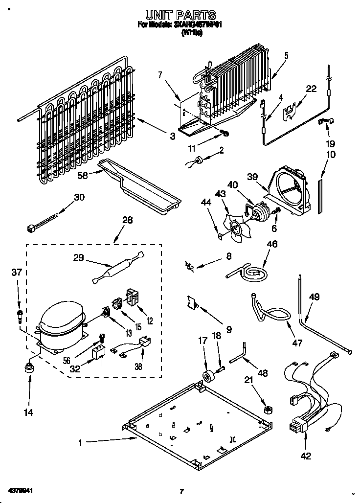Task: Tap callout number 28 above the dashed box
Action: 127,221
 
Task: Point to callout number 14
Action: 29,412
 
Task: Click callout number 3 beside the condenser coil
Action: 173,137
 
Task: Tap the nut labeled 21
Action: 268,409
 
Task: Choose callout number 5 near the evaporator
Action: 286,55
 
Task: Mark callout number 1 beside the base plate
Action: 81,443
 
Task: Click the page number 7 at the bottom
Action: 181,491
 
